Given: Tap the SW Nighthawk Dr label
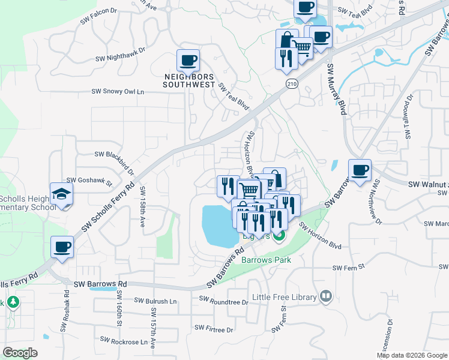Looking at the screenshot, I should [x=121, y=58].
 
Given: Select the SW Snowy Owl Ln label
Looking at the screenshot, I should [x=118, y=92].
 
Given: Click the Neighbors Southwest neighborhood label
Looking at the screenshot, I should [x=189, y=80].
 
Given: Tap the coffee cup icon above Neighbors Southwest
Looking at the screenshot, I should [x=188, y=61].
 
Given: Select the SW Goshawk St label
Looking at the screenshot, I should [x=89, y=179].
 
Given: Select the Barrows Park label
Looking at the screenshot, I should [x=266, y=260].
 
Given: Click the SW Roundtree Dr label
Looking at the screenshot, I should [x=223, y=301].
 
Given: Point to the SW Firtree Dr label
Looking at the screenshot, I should [x=213, y=329].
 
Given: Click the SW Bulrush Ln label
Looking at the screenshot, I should [x=155, y=301].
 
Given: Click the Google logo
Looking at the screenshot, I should [x=20, y=353].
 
